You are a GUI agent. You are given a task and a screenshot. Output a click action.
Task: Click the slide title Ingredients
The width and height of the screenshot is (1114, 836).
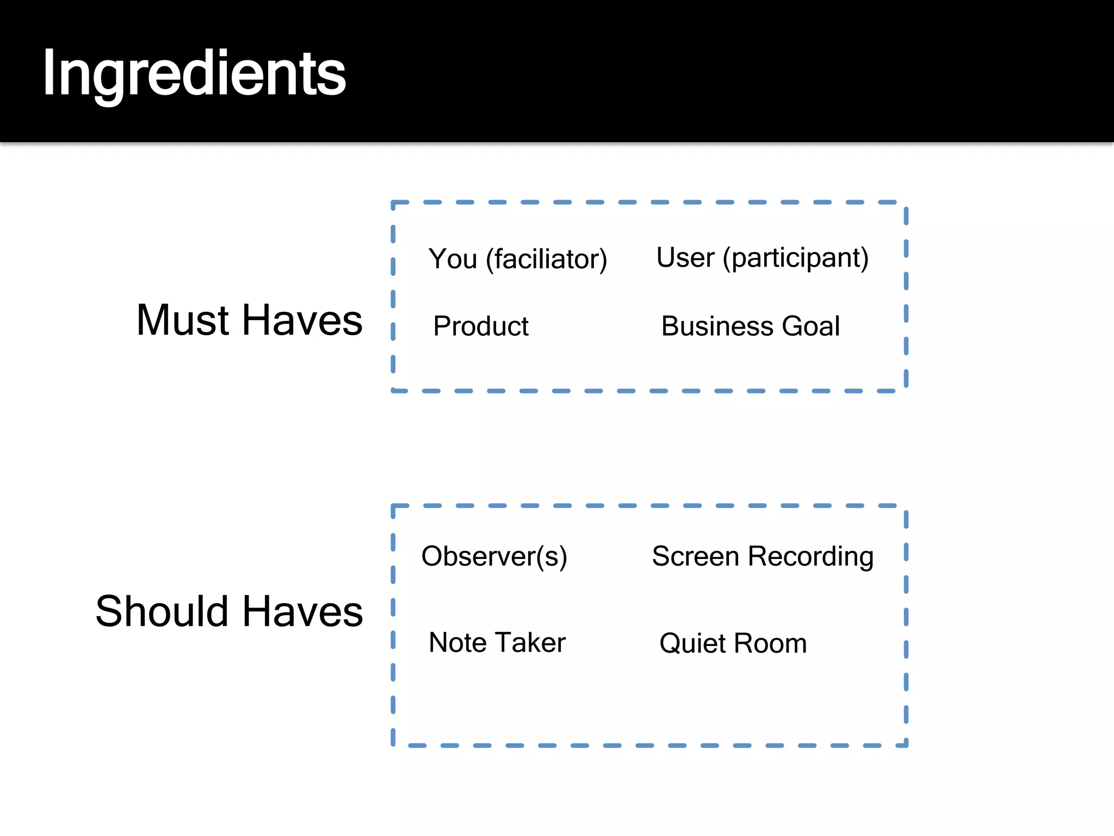pyautogui.click(x=194, y=73)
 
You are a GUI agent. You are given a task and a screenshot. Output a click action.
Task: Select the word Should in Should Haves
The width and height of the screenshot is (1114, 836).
pyautogui.click(x=162, y=611)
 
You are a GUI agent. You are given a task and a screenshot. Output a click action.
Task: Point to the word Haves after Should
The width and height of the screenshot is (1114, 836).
pyautogui.click(x=302, y=611)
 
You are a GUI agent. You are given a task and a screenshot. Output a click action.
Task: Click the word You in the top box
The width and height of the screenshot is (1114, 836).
pyautogui.click(x=453, y=259)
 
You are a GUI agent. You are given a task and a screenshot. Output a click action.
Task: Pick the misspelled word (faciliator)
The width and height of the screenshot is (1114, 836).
pyautogui.click(x=547, y=259)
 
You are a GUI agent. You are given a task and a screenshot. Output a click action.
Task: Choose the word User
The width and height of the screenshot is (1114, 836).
pyautogui.click(x=685, y=257)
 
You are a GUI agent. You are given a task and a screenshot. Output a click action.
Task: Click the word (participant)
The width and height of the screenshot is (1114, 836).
pyautogui.click(x=795, y=258)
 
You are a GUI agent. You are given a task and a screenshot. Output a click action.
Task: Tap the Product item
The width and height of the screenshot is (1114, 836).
pyautogui.click(x=481, y=326)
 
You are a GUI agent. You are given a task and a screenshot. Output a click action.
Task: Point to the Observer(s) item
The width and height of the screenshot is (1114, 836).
pyautogui.click(x=494, y=556)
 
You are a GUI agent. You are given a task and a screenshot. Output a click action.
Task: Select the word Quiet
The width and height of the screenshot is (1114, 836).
pyautogui.click(x=692, y=643)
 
